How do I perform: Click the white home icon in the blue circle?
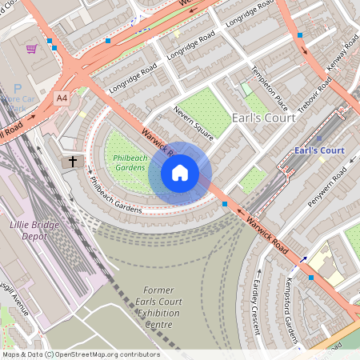point(180,172)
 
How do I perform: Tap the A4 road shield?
point(62,98)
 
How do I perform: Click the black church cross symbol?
point(73,162)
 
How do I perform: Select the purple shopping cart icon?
point(31,49)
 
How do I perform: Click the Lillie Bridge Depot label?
point(34,230)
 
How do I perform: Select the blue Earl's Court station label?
point(318,150)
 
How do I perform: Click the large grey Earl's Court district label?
point(262,118)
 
